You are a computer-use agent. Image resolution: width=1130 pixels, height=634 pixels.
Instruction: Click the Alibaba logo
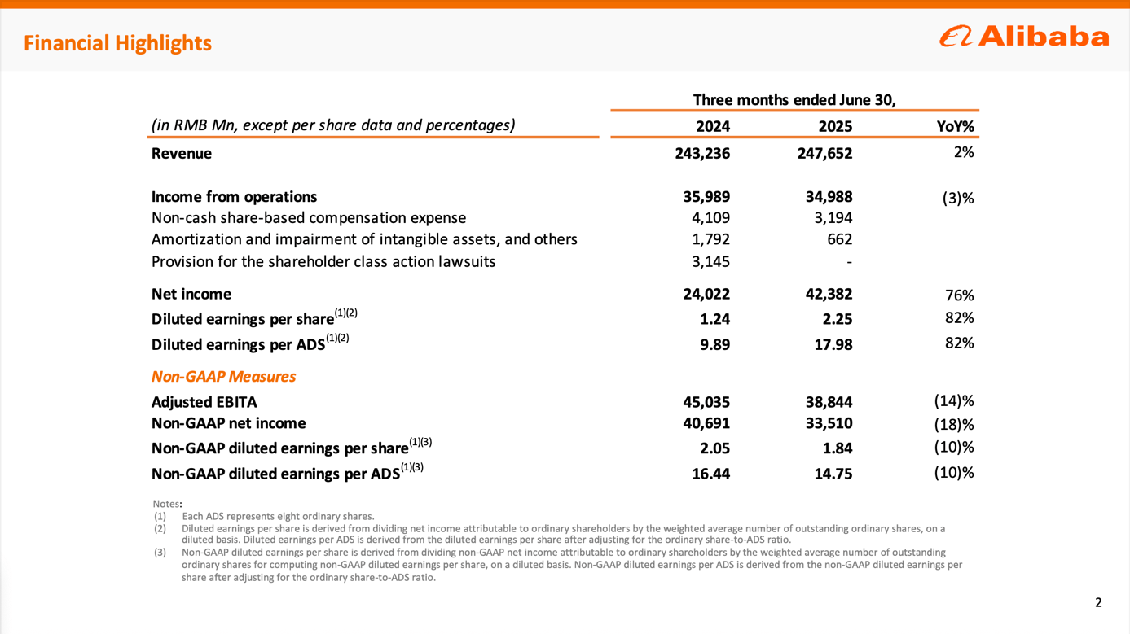[1024, 37]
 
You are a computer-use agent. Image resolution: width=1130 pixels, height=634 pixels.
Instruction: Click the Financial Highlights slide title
[117, 43]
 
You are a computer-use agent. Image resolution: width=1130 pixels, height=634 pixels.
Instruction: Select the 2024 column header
[713, 126]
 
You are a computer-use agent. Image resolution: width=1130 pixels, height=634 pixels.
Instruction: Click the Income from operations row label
[234, 197]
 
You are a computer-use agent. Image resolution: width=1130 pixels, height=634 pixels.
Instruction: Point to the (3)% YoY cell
[955, 198]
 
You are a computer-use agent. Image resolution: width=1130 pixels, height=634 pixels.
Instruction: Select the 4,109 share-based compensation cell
[710, 218]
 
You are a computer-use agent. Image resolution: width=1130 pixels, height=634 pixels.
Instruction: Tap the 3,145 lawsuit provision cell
[710, 261]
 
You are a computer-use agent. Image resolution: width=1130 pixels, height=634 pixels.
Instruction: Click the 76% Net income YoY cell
[960, 295]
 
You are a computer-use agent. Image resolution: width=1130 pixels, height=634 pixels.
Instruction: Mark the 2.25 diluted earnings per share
[835, 319]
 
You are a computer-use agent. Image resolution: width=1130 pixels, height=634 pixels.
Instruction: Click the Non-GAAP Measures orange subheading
[223, 377]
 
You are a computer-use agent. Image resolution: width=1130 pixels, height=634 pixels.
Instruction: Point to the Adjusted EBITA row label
[204, 402]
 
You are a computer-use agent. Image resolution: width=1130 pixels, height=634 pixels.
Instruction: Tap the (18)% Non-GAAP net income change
[954, 424]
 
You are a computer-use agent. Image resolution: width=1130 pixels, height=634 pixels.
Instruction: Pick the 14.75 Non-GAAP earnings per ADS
[833, 474]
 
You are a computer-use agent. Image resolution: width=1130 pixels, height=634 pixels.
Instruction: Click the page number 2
[1097, 603]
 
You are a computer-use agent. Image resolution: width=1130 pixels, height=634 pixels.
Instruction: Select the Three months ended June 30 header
[794, 100]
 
